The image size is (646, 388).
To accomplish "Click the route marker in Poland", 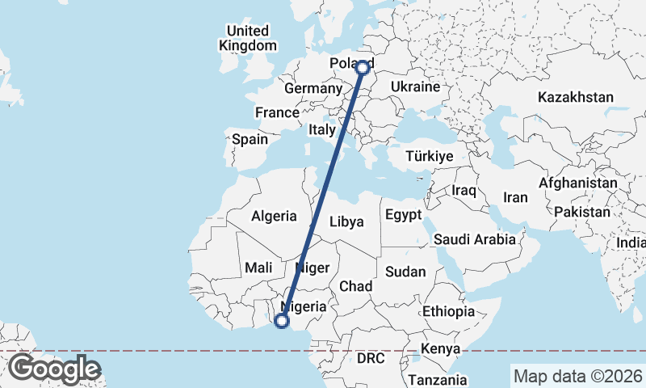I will tap(363, 68).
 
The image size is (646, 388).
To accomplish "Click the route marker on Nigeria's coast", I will tap(282, 321).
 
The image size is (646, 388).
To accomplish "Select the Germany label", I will tap(314, 88).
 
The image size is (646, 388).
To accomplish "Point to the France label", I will tap(277, 112).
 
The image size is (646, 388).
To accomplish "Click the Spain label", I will tap(250, 139).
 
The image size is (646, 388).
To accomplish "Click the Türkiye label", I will tap(430, 156).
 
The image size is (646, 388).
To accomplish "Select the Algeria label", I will tap(275, 216).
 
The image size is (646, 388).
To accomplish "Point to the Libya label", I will tap(346, 221).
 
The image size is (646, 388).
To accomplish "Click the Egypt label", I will tap(403, 215).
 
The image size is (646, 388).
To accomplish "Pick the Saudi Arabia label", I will tap(474, 239).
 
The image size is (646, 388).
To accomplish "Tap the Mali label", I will tap(258, 267).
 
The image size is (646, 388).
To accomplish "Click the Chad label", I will tap(355, 286).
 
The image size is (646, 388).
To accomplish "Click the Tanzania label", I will tap(437, 379).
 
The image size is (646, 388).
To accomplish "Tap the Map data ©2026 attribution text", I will tap(577, 376).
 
